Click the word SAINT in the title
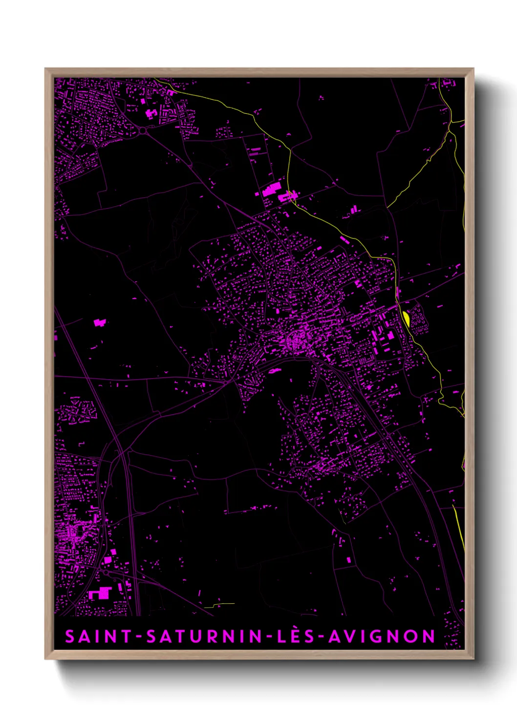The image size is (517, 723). pos(98,637)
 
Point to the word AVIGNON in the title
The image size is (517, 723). pos(382,637)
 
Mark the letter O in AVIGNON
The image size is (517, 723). pos(412,637)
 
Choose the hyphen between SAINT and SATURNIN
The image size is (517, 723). pos(139,637)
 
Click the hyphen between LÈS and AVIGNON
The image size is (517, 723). pos(320,637)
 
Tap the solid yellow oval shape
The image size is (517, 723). pos(406,318)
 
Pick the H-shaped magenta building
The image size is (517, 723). pos(151,114)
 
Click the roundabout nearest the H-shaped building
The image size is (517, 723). pos(143,130)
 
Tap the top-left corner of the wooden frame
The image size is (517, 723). pos(45,69)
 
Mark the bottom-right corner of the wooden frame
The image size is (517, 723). pos(473,659)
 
